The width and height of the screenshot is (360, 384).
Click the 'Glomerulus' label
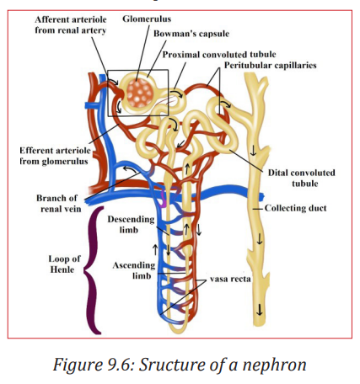pyautogui.click(x=147, y=19)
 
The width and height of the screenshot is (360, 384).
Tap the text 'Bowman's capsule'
pyautogui.click(x=191, y=34)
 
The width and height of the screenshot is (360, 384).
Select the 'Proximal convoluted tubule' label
pyautogui.click(x=219, y=55)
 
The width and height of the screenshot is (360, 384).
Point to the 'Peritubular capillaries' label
pyautogui.click(x=271, y=66)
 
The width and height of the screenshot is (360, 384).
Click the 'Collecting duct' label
pyautogui.click(x=296, y=208)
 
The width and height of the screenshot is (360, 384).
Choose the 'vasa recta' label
pyautogui.click(x=230, y=279)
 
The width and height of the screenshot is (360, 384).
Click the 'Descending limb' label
pyautogui.click(x=131, y=224)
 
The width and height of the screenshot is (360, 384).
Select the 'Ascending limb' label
pyautogui.click(x=134, y=270)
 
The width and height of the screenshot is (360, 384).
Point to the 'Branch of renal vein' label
pyautogui.click(x=59, y=204)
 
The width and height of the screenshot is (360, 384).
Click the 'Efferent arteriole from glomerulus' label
pyautogui.click(x=55, y=156)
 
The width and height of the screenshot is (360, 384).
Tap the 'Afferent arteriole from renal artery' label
pyautogui.click(x=71, y=24)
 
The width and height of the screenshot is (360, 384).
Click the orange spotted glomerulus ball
pyautogui.click(x=140, y=93)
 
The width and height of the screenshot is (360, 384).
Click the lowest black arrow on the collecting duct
pyautogui.click(x=260, y=310)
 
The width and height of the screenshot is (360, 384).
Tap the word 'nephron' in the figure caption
pyautogui.click(x=275, y=365)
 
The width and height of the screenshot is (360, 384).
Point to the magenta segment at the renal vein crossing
pyautogui.click(x=164, y=198)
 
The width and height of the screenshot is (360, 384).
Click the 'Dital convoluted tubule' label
pyautogui.click(x=302, y=178)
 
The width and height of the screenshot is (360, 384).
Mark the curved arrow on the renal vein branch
pyautogui.click(x=130, y=168)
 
